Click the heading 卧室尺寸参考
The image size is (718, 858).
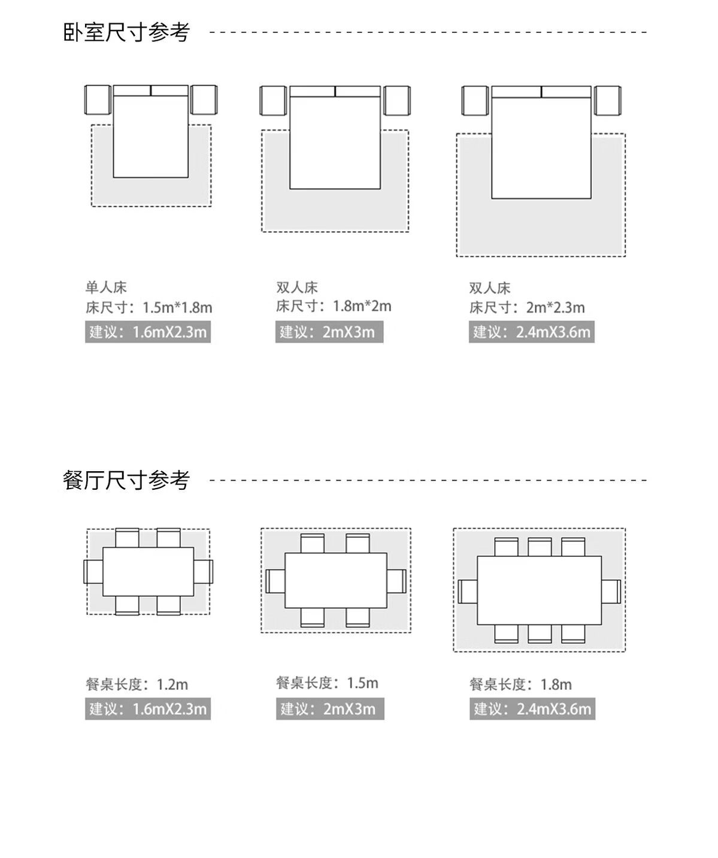coord(126,32)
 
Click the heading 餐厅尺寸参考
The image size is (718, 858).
coord(126,480)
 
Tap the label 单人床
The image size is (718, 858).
coord(106,287)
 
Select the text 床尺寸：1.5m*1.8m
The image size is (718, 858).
coord(149,308)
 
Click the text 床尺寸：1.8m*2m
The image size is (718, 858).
coord(334,307)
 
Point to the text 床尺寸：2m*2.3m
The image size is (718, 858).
coord(527,308)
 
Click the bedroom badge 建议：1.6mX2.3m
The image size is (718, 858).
coord(148,332)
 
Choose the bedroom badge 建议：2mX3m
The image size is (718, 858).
coord(329,332)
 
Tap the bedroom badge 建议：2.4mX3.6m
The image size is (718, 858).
coord(531,332)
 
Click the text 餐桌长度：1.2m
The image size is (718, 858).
coord(137,684)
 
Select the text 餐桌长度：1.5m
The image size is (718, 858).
coord(327,683)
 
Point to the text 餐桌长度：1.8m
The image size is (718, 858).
coord(520,684)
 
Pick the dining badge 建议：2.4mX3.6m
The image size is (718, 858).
coord(532,709)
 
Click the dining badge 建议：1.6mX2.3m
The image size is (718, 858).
coord(148,709)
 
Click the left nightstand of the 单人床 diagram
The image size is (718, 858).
coord(98,100)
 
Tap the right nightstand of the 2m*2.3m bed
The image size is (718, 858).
coord(607,101)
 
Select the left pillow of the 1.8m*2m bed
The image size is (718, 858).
coord(312,92)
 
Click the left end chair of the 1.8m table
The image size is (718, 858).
coord(468,592)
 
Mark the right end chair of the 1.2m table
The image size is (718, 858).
coord(203,572)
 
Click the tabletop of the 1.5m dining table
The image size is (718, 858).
coord(335,580)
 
